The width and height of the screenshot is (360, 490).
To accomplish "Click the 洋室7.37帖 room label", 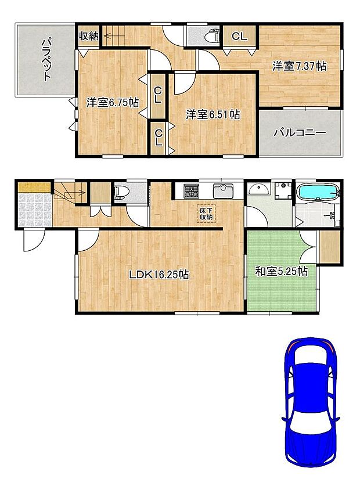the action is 299,66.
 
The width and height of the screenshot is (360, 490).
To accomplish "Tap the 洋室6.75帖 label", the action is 113,103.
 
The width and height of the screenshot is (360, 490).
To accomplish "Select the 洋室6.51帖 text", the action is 213,114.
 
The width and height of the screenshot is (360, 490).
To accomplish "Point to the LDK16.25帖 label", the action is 159,275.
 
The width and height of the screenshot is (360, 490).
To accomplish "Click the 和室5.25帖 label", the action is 281,271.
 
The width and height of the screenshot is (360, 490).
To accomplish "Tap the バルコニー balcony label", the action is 300,133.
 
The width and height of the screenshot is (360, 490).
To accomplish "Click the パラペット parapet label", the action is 47,59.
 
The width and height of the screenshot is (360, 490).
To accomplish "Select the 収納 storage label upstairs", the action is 88,36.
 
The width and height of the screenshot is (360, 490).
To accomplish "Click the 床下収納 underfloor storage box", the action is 206,214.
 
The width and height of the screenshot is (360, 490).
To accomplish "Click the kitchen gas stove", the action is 190,191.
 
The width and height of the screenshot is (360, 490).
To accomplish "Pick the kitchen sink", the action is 223,191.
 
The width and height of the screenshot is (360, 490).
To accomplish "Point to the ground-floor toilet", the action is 121,191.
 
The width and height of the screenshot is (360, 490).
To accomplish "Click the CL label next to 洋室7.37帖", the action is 239,36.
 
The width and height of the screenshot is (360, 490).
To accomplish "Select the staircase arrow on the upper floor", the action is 114,36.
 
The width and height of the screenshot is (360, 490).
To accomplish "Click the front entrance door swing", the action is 33,240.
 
